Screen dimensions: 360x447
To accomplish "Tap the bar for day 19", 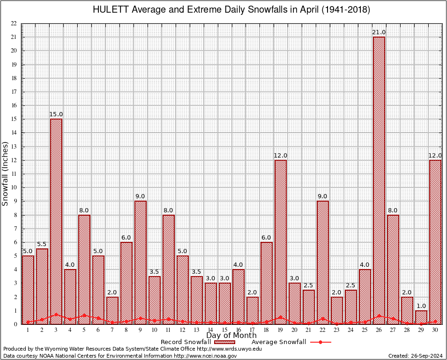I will pyautogui.click(x=281, y=242).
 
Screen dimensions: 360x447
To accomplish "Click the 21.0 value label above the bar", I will pyautogui.click(x=379, y=32).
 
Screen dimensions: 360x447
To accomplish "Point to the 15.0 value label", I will pyautogui.click(x=56, y=114).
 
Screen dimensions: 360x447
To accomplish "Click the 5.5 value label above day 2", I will pyautogui.click(x=42, y=244).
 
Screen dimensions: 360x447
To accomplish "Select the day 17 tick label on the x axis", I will pyautogui.click(x=253, y=330).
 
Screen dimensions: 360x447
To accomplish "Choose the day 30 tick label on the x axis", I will pyautogui.click(x=435, y=330).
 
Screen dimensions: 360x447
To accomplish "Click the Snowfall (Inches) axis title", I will pyautogui.click(x=6, y=173).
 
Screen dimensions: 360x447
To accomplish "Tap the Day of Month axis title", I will pyautogui.click(x=231, y=336).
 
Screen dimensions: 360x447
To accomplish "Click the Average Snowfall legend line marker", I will pyautogui.click(x=320, y=342).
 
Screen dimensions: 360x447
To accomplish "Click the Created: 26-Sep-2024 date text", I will pyautogui.click(x=415, y=356).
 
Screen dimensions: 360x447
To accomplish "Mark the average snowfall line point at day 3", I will pyautogui.click(x=56, y=315).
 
